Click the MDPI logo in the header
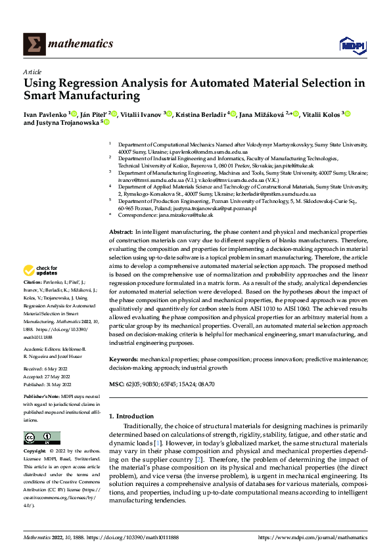click(x=350, y=44)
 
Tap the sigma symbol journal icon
click(x=32, y=44)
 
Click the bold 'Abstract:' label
click(x=120, y=232)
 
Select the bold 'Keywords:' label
click(x=123, y=359)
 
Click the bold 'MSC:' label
click(x=116, y=384)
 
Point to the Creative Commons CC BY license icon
click(x=41, y=437)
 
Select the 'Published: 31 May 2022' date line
click(x=45, y=384)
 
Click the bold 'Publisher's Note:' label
click(x=41, y=397)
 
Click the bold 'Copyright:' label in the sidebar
click(x=35, y=451)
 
